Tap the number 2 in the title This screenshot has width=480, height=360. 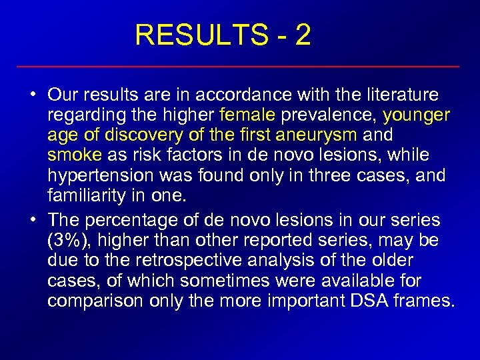[x=303, y=36]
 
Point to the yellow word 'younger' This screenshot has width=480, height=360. [x=417, y=116]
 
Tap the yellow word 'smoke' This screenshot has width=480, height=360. [x=75, y=155]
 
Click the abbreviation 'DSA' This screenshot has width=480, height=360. [x=370, y=300]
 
